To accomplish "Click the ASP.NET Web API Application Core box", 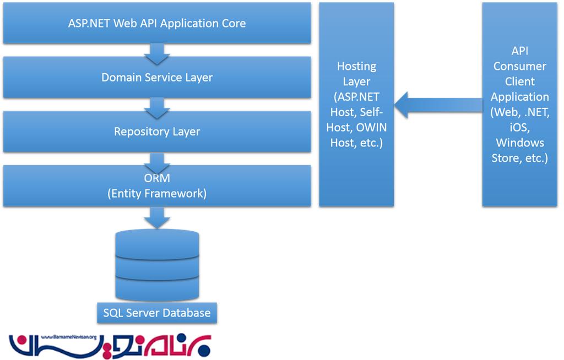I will click(157, 24).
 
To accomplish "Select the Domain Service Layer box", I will click(157, 78).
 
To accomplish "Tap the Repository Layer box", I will click(157, 132).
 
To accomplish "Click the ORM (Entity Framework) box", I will click(157, 186).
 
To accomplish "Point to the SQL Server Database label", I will click(157, 313).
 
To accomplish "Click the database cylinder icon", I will click(157, 264).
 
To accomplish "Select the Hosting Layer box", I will click(356, 105).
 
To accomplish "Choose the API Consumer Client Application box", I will click(520, 105).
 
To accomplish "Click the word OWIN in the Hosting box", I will click(371, 128).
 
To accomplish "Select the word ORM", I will click(157, 178).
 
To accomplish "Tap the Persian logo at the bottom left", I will click(110, 346).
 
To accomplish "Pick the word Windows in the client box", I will click(520, 143).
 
